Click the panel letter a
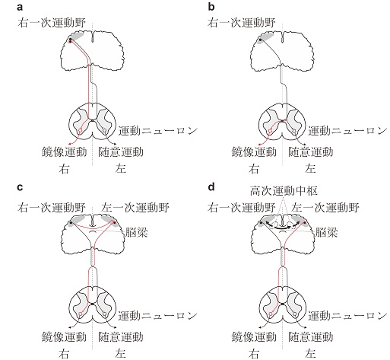[x=20, y=8]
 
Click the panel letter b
[x=211, y=7]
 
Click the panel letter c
[x=20, y=187]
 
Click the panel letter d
[x=211, y=187]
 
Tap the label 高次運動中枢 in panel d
[x=284, y=191]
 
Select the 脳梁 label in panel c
[x=136, y=232]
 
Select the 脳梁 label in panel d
[x=326, y=232]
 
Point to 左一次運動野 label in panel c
[x=135, y=208]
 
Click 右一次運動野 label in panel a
[x=52, y=23]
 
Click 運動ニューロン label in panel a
[x=157, y=131]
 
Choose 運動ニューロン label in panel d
[x=347, y=316]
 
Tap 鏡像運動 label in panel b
[x=254, y=151]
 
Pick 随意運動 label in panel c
[x=121, y=336]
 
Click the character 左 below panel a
[x=121, y=169]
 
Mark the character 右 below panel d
[x=254, y=354]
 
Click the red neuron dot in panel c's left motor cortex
[x=114, y=222]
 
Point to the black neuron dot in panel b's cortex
[x=260, y=40]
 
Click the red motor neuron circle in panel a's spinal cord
[x=81, y=131]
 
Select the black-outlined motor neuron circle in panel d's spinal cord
[x=294, y=314]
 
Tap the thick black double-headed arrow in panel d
[x=283, y=228]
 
